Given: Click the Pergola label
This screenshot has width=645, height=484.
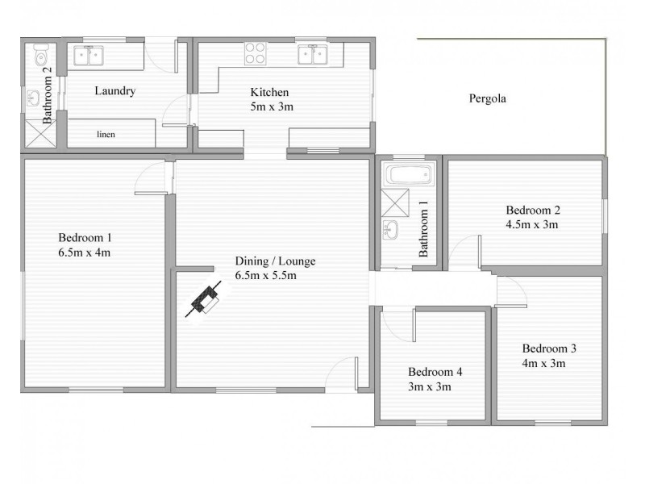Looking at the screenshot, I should (x=487, y=99).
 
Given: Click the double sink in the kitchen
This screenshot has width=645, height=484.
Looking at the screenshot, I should (x=311, y=54).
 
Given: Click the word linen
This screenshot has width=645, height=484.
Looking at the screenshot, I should (x=106, y=134).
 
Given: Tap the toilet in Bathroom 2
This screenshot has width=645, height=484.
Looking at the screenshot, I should (x=42, y=57).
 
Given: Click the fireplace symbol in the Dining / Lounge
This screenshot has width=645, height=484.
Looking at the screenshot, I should (x=205, y=299).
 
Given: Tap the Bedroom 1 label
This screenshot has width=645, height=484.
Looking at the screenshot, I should (x=85, y=238).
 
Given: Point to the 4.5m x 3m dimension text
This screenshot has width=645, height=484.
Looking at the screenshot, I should (x=531, y=224).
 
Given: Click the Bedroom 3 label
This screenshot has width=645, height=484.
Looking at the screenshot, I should (x=548, y=348).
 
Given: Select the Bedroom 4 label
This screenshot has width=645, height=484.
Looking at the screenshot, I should (x=435, y=372).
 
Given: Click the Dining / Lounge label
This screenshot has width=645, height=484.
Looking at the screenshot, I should (x=275, y=261).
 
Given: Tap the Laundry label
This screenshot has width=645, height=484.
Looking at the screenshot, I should (x=114, y=91).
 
